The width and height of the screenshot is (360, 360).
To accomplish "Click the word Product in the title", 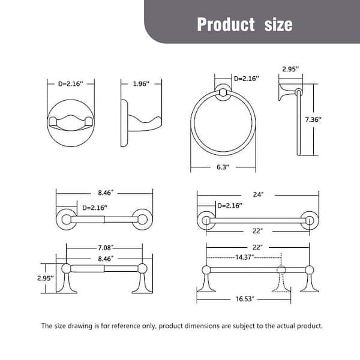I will point(226,24).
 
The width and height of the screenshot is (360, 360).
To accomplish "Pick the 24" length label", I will point(258,194).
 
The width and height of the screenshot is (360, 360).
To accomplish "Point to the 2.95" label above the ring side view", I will point(292,70).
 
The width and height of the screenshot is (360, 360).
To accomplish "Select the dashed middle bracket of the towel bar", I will point(279,279).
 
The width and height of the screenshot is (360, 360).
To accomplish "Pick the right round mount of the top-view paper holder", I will point(143,219).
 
